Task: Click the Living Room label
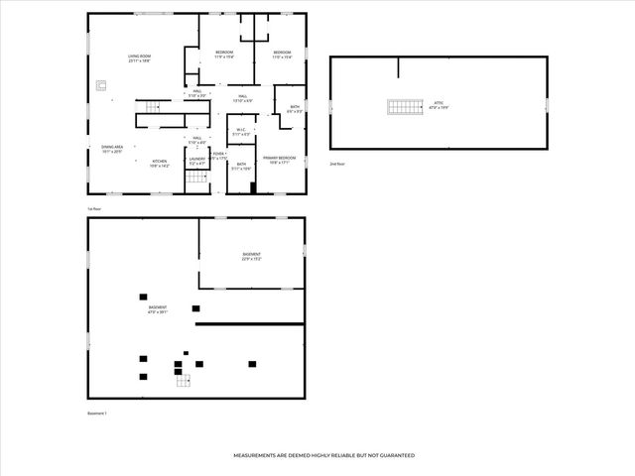[x=139, y=59]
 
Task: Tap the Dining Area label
[x=111, y=150]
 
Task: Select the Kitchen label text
[x=160, y=164]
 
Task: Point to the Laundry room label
[x=197, y=161]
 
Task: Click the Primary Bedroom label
[x=279, y=161]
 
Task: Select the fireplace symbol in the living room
[x=101, y=86]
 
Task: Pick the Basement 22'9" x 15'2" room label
[x=252, y=257]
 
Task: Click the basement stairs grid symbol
[x=184, y=379]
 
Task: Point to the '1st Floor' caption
[x=95, y=209]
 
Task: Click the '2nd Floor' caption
[x=338, y=163]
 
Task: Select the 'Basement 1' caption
[x=97, y=413]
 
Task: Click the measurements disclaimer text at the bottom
[x=323, y=455]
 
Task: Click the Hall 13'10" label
[x=242, y=98]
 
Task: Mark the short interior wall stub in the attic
[x=399, y=67]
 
